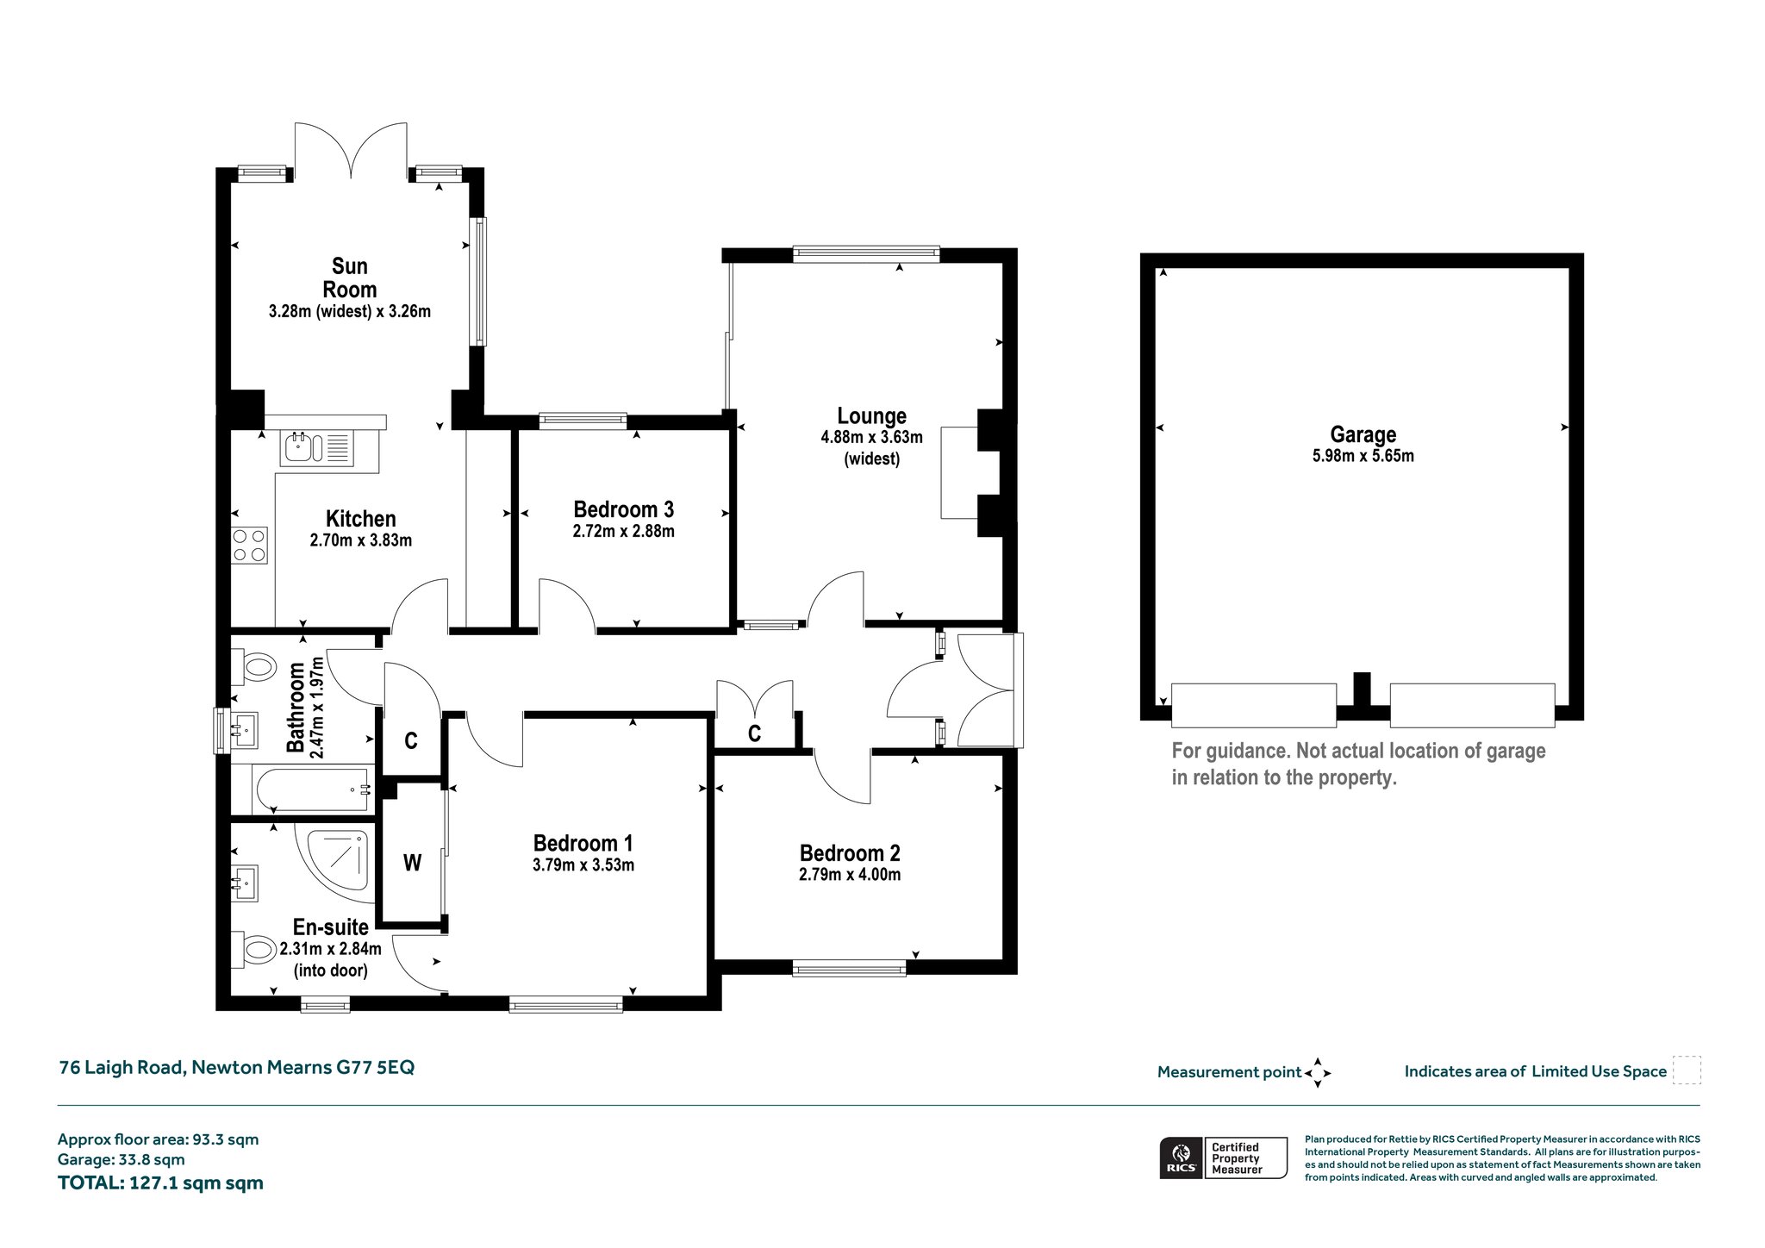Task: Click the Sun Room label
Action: (x=350, y=278)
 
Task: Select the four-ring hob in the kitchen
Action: (x=249, y=545)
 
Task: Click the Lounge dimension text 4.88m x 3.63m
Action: (x=871, y=437)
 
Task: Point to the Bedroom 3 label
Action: (x=623, y=509)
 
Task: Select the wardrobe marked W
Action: (x=413, y=863)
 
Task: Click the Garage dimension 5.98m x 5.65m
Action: (x=1363, y=456)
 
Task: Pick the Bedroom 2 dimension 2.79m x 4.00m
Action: (x=850, y=875)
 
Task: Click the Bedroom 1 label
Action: (x=583, y=843)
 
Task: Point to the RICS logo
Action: (x=1182, y=1158)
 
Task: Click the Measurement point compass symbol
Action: (x=1318, y=1073)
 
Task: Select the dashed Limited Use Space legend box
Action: (x=1687, y=1070)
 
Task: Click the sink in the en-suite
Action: (x=245, y=883)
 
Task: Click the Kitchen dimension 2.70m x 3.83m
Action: (x=361, y=540)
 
